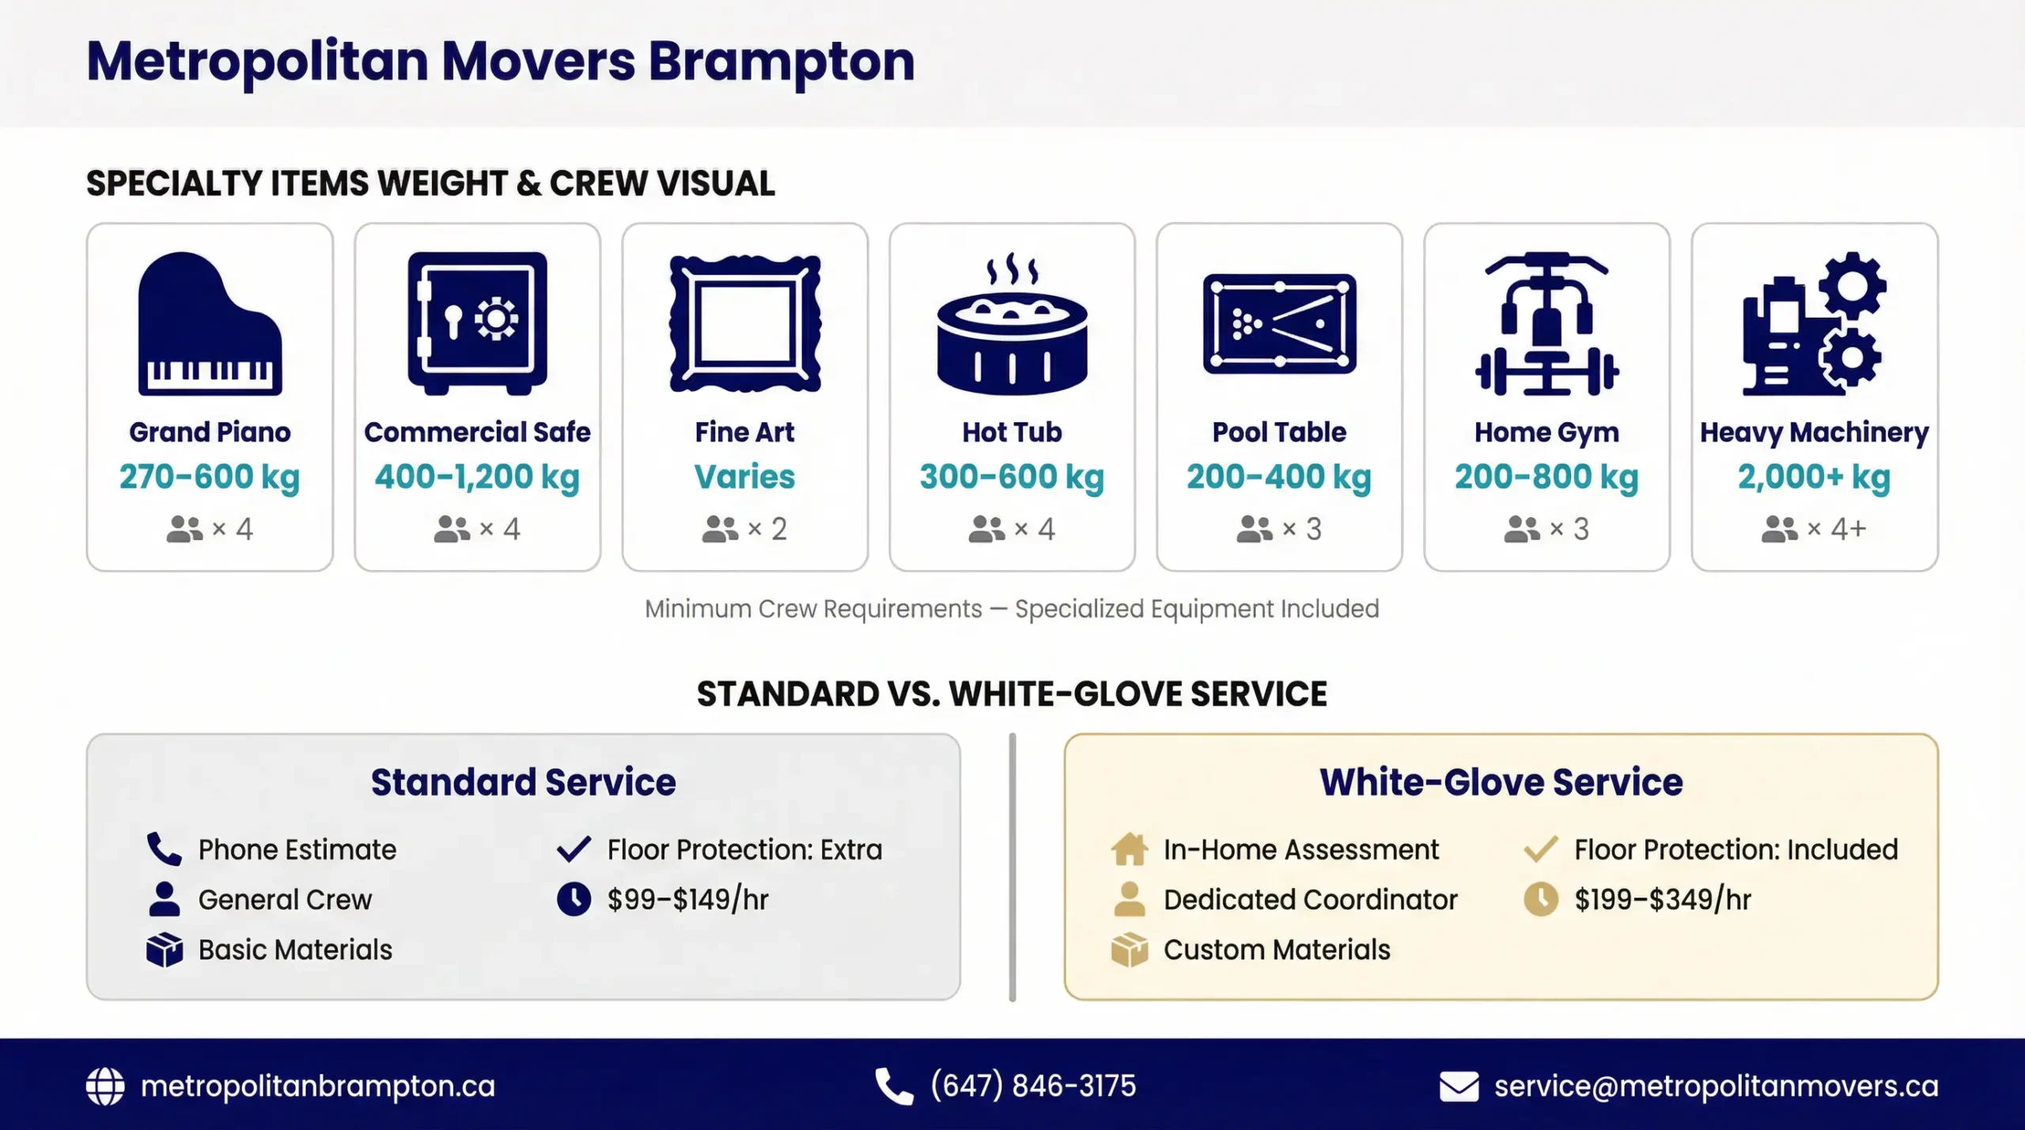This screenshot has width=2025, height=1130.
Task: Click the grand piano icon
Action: tap(210, 324)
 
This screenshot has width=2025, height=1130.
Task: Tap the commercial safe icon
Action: tap(477, 323)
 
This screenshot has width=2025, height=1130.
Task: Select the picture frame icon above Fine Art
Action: tap(744, 323)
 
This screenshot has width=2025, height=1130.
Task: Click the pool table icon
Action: tap(1279, 324)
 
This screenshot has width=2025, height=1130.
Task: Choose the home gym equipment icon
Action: tap(1546, 324)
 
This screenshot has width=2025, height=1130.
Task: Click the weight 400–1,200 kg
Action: tap(477, 477)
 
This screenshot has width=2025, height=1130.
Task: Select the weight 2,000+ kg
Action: tap(1814, 477)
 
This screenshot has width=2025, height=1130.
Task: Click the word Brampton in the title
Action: tap(782, 62)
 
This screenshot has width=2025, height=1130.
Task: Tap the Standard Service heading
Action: tap(523, 782)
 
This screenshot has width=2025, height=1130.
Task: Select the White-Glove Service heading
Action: tap(1501, 782)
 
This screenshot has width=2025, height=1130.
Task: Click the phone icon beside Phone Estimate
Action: tap(164, 849)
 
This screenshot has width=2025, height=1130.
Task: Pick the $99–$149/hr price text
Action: tap(687, 900)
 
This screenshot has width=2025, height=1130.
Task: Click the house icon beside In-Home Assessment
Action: tap(1129, 849)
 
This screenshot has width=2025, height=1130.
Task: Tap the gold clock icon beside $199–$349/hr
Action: tap(1540, 900)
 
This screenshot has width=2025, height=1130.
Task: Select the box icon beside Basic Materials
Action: tap(164, 950)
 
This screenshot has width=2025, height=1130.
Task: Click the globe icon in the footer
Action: tap(105, 1087)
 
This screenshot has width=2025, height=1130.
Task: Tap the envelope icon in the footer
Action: tap(1459, 1087)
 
